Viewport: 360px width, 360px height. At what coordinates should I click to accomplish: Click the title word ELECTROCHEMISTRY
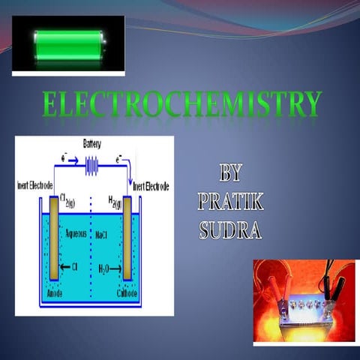(x=181, y=106)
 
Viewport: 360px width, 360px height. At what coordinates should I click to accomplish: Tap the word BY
(x=230, y=174)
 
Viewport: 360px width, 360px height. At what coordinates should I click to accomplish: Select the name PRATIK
(x=229, y=202)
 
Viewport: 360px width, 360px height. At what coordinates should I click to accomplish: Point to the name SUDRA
(x=229, y=229)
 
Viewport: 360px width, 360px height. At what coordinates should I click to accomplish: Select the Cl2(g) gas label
(x=70, y=199)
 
